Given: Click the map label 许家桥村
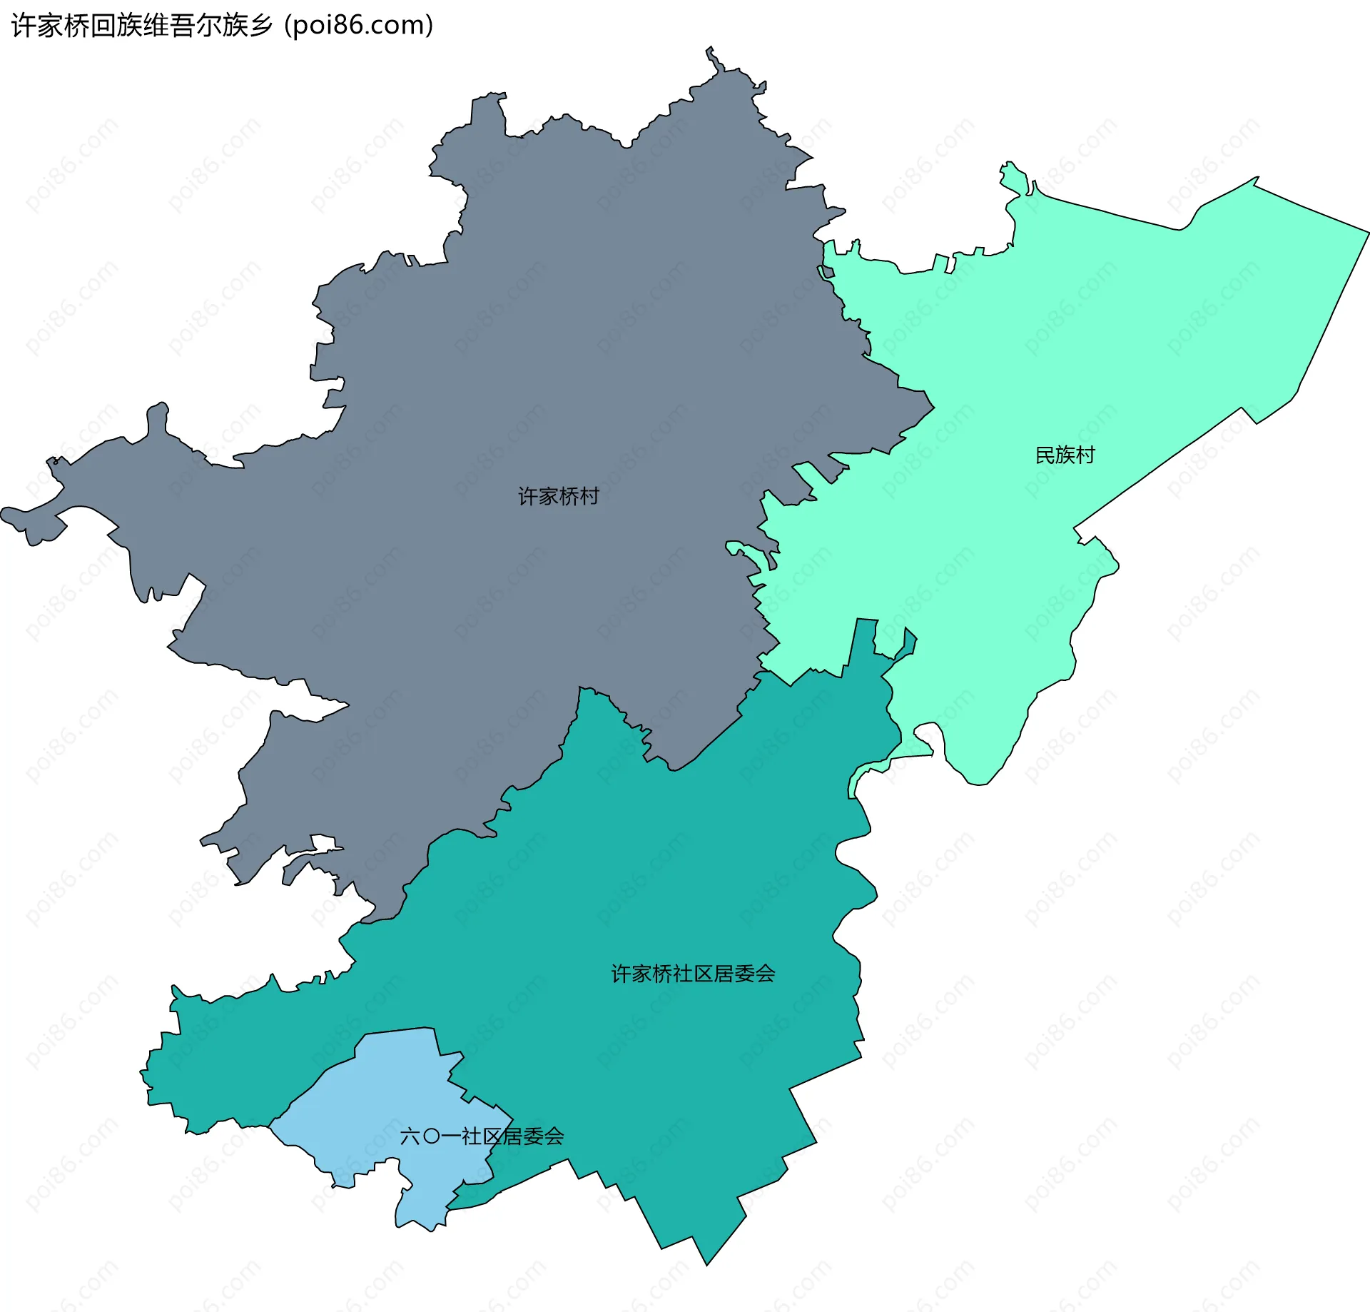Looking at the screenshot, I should (558, 496).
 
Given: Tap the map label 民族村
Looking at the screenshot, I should (1065, 455).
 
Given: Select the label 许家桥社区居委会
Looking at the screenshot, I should (693, 974).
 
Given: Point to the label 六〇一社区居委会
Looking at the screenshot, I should (482, 1136).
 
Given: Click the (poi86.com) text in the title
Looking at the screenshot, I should (358, 26).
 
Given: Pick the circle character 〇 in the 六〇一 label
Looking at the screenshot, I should (431, 1136).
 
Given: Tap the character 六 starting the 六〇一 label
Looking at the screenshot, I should (410, 1136).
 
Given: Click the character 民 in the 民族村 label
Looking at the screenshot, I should (1045, 455).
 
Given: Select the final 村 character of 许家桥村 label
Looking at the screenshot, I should (589, 496).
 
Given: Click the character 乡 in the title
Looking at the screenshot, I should (262, 26).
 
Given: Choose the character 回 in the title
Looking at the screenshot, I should (103, 26).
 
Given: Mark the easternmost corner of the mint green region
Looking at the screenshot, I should (1369, 232).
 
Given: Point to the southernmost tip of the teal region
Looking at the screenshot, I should (706, 1265).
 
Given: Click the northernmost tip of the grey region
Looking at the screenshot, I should (710, 47).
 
